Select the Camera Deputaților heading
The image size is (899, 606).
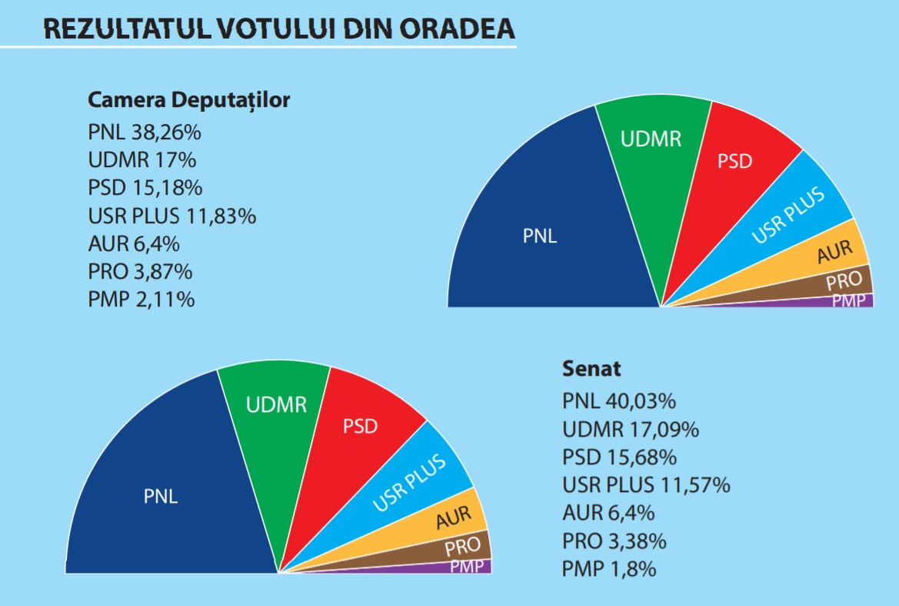coord(188,100)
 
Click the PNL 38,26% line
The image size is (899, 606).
coord(145,132)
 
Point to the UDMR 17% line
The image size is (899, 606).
coord(142,160)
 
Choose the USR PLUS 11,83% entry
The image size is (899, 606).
coord(171,216)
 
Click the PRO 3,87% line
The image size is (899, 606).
coord(140,271)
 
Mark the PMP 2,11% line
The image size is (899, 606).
coord(142,299)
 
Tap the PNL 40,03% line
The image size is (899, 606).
coord(619,401)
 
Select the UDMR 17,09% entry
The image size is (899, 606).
coord(631,429)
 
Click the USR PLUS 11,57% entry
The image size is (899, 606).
coord(646,485)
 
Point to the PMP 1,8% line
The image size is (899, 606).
coord(609,569)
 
